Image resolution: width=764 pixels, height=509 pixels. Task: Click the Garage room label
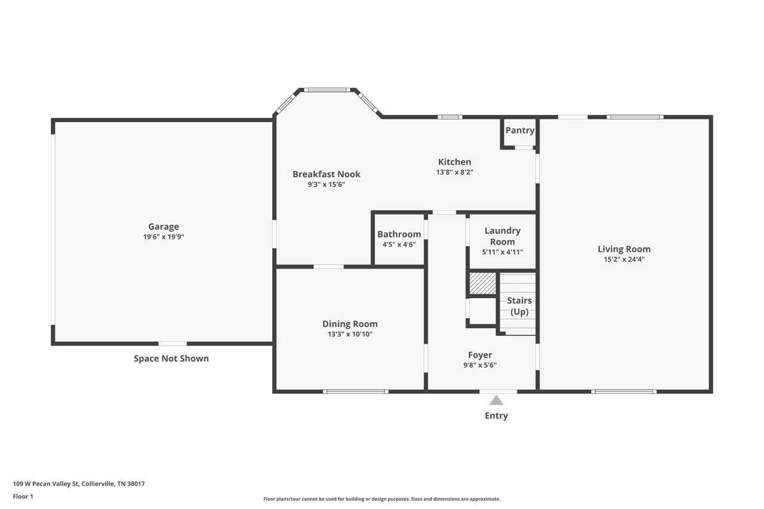164,226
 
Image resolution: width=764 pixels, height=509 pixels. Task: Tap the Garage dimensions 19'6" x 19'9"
164,237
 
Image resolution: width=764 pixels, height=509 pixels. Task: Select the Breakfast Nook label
326,174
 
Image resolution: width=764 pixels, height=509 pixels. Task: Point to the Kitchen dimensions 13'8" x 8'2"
455,172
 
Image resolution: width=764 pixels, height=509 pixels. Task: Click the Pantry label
520,130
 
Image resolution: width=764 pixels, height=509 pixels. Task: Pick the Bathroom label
399,235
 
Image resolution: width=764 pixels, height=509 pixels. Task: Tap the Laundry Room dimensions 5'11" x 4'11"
503,252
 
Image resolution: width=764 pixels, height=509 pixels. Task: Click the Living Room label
624,249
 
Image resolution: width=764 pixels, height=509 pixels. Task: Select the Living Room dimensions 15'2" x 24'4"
624,259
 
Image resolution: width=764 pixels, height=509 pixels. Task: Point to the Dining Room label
350,324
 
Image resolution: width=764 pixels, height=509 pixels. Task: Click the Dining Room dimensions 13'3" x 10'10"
350,334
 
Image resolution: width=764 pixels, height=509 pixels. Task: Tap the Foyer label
480,355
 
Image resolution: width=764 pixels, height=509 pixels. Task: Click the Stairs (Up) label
519,306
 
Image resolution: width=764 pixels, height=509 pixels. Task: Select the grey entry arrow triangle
496,400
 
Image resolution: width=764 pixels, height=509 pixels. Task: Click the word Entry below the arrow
496,415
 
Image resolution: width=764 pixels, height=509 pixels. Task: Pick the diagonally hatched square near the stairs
483,283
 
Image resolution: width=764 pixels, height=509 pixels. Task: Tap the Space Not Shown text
171,359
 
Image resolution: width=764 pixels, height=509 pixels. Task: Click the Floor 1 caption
23,496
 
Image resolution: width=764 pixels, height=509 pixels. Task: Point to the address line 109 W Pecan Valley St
79,484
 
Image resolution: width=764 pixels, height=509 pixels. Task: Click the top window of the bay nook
327,90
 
